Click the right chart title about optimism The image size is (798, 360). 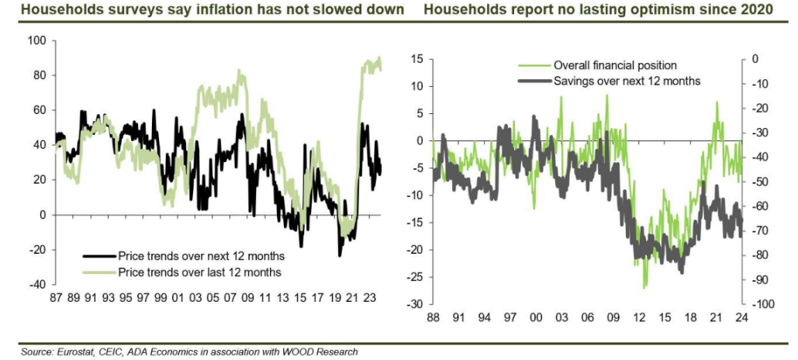pos(598,10)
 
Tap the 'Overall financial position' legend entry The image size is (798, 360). pos(615,65)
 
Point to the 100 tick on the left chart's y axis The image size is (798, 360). pos(36,40)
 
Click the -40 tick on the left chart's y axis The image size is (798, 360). pos(36,285)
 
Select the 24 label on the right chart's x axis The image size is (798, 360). pos(741,317)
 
